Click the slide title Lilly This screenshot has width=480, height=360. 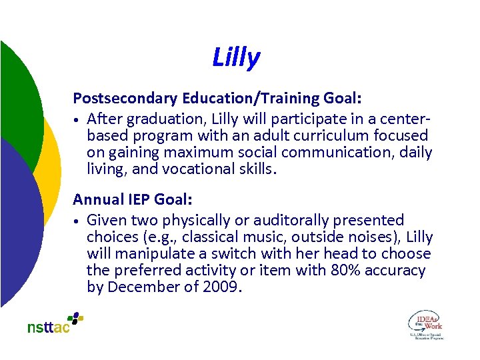point(236,58)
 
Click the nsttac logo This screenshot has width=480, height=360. point(55,323)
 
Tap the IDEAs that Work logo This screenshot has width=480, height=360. point(425,324)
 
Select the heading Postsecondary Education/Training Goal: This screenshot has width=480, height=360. point(217,99)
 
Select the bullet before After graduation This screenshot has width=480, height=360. point(77,120)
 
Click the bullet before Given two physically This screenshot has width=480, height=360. point(77,221)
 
